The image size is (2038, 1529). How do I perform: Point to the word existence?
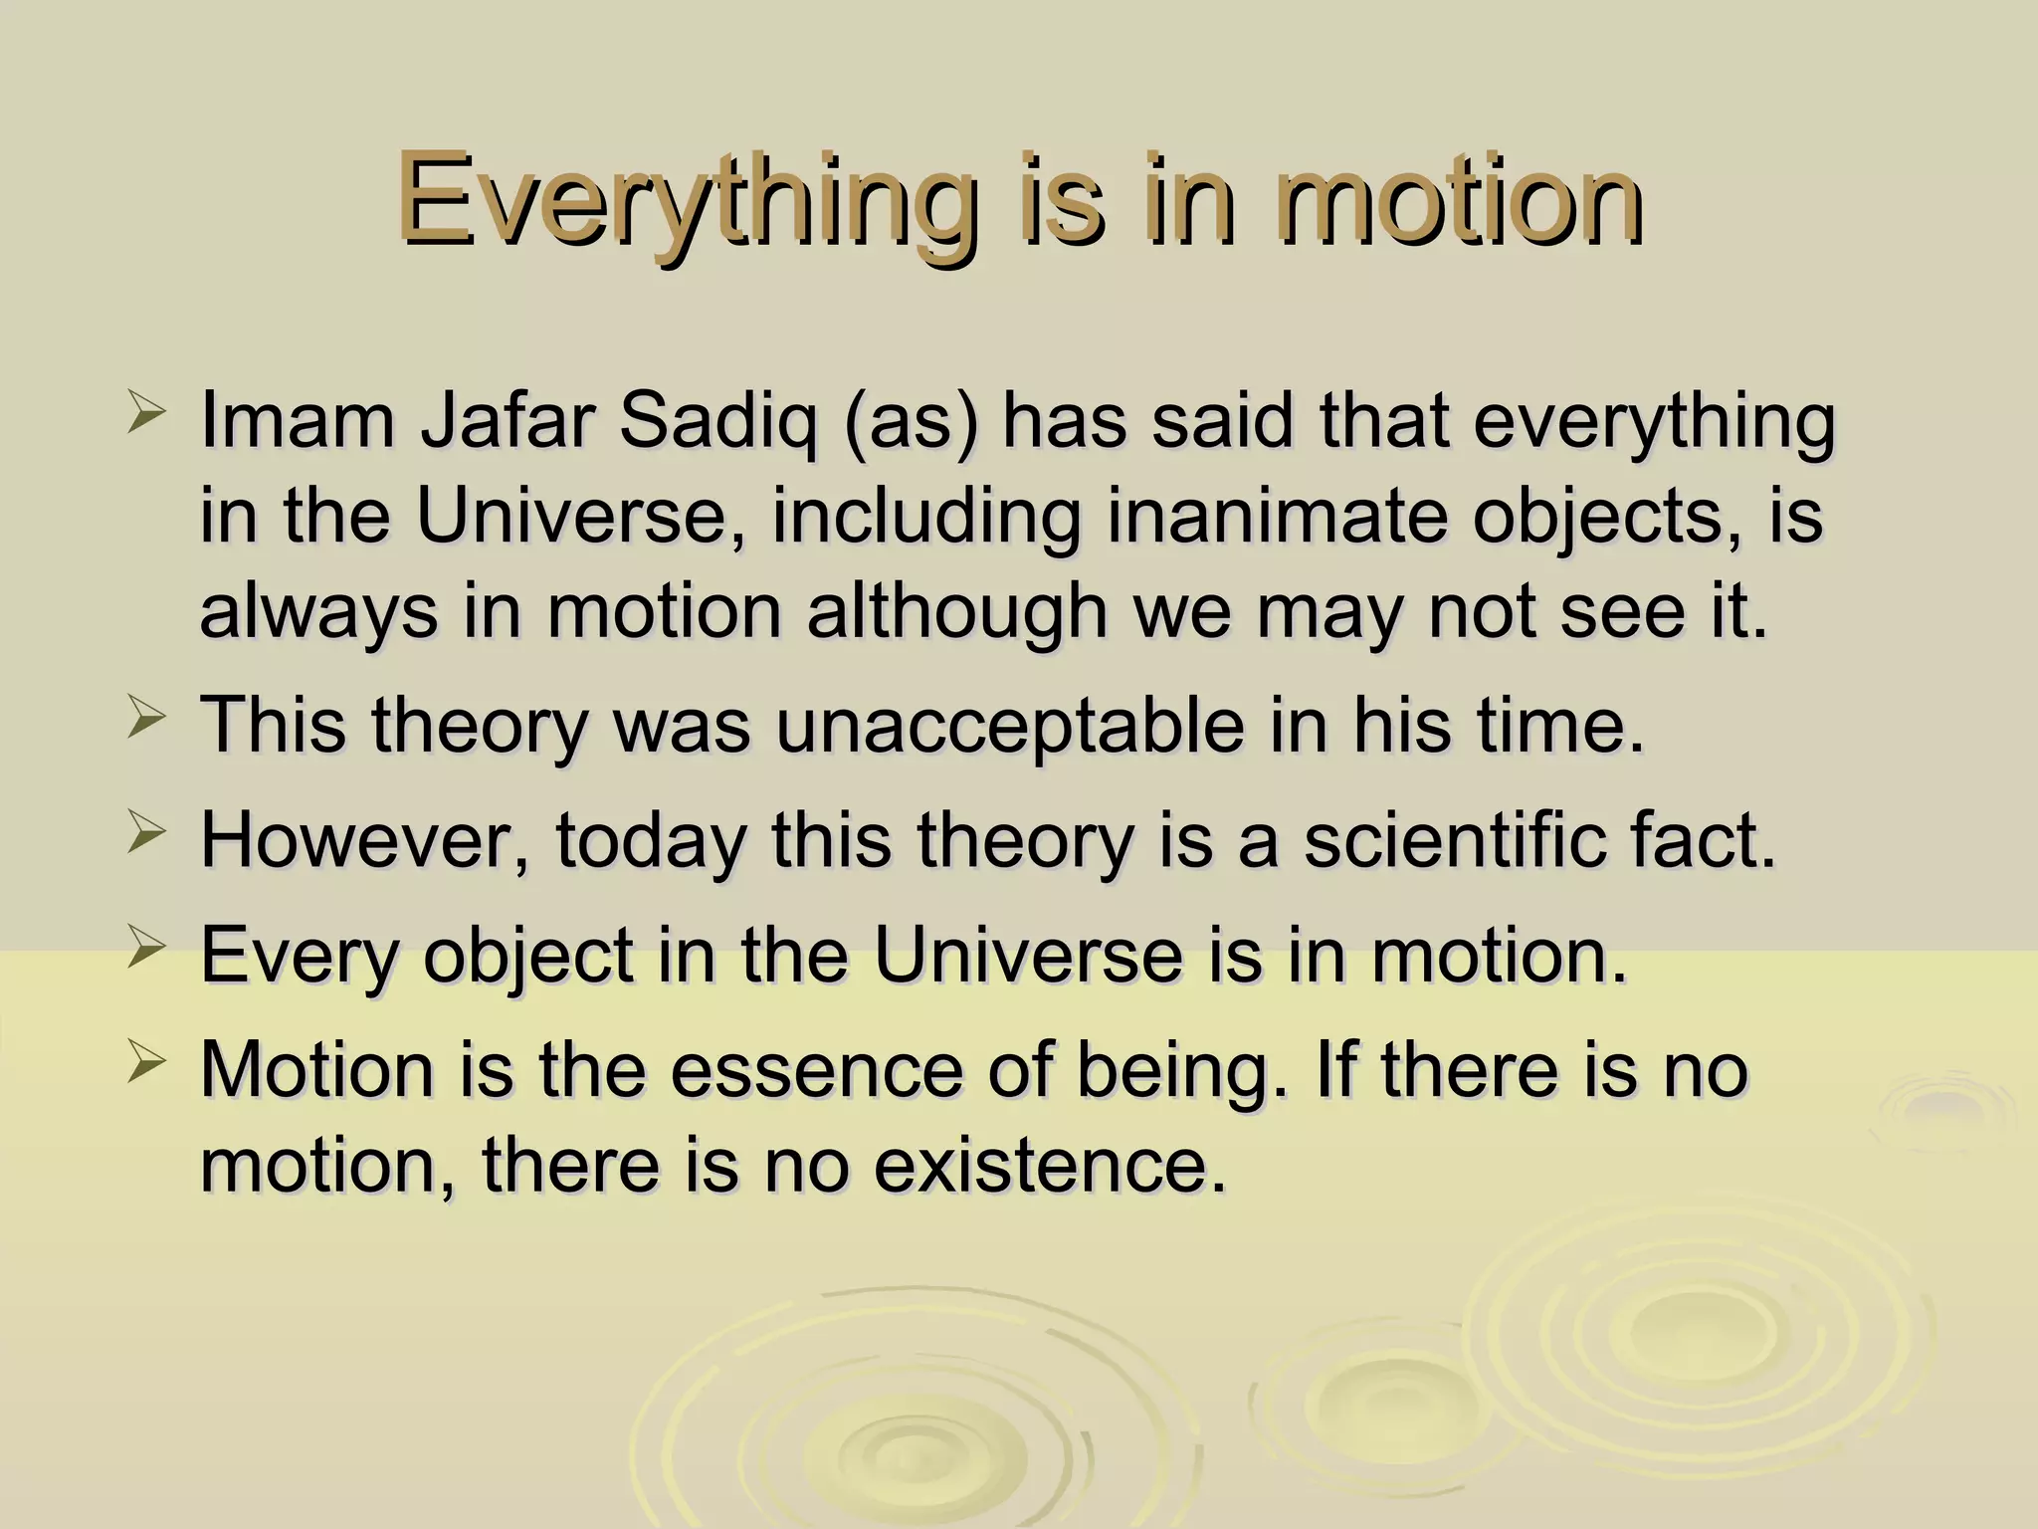pos(1050,1164)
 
